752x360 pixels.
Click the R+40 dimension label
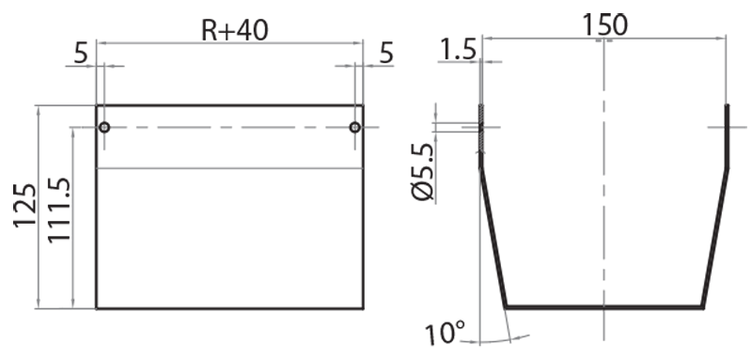pyautogui.click(x=234, y=30)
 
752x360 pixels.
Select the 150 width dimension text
pyautogui.click(x=604, y=25)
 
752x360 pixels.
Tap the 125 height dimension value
pyautogui.click(x=25, y=205)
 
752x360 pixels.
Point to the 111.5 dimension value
pyautogui.click(x=59, y=210)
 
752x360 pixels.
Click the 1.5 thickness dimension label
pyautogui.click(x=458, y=50)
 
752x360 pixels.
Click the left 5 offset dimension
pyautogui.click(x=81, y=54)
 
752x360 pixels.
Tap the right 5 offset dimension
pyautogui.click(x=386, y=53)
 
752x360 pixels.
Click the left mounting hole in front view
pyautogui.click(x=104, y=127)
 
